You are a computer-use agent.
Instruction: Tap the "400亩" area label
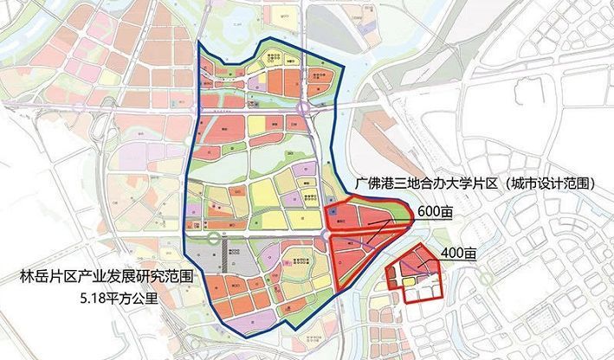click(x=458, y=254)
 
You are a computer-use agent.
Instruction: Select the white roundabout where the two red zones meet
click(x=326, y=235)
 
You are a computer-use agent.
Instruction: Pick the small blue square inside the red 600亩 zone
click(x=333, y=210)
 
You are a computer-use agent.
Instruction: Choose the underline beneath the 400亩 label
click(x=458, y=263)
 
